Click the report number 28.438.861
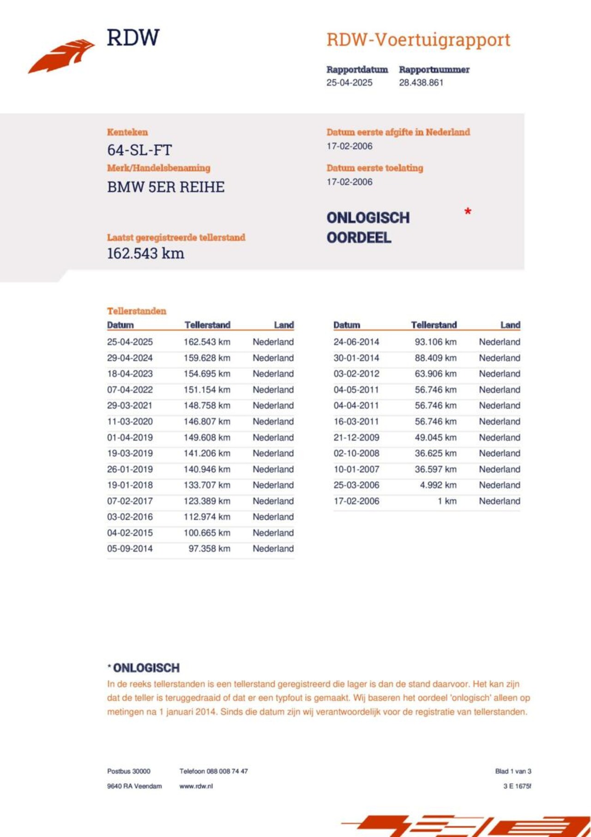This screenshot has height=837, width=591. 421,83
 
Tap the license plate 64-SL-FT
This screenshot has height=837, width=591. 139,150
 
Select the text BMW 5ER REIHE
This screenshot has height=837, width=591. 166,187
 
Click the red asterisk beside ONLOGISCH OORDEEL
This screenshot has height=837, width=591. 468,212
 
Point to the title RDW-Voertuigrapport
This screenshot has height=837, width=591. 418,40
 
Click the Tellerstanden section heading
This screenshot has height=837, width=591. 137,311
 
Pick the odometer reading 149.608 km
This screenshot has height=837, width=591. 207,437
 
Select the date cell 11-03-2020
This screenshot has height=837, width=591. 130,421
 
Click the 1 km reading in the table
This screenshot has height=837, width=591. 447,501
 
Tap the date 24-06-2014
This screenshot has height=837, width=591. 356,342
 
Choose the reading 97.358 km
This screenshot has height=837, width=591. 209,549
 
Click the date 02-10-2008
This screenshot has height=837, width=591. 356,453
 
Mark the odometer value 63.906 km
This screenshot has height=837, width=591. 435,374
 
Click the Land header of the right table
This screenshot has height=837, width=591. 510,325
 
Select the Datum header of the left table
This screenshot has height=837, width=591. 120,325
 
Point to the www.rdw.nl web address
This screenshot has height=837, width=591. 196,786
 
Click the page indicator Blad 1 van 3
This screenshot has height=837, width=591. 513,771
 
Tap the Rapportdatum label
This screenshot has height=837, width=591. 357,70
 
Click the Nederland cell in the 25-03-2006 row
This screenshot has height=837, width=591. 499,485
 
